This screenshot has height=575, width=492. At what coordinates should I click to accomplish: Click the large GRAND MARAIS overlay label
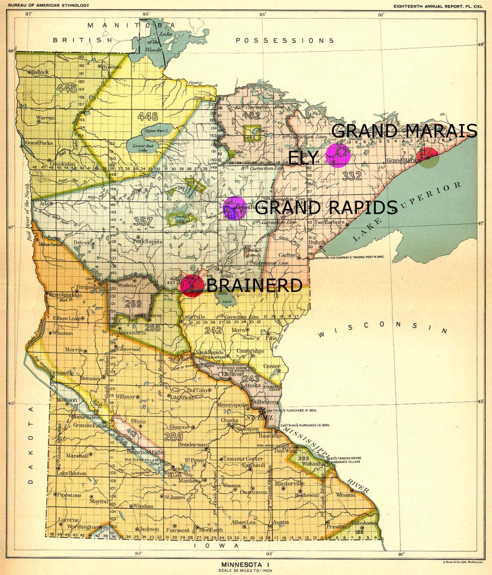click(x=404, y=131)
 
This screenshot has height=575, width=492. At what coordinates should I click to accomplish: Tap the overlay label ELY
click(x=304, y=158)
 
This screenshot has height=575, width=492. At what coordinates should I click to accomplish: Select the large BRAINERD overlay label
click(x=254, y=285)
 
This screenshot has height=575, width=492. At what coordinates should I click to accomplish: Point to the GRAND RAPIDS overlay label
click(x=326, y=208)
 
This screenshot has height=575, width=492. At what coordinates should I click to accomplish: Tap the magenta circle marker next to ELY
click(x=339, y=155)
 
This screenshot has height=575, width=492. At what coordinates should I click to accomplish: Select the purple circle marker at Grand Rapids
click(x=234, y=208)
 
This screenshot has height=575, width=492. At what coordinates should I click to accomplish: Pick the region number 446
click(x=148, y=116)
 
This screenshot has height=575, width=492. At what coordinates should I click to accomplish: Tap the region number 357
click(x=144, y=222)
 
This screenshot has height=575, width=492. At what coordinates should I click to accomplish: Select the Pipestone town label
click(x=70, y=495)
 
